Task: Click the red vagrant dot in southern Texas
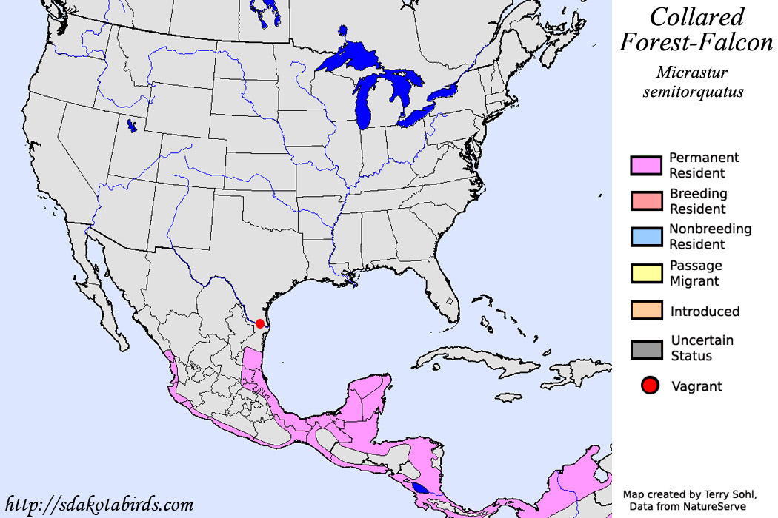point(260,323)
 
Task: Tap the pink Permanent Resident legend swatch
point(645,165)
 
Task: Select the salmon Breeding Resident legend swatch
point(645,201)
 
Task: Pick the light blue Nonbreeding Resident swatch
point(645,236)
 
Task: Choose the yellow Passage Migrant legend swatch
point(645,273)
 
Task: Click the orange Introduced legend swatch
point(645,311)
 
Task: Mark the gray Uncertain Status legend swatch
point(645,348)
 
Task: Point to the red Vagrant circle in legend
point(651,386)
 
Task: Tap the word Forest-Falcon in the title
point(696,43)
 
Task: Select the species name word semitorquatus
point(699,92)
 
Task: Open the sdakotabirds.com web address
point(99,505)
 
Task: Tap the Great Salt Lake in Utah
point(132,126)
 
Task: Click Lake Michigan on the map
point(365,104)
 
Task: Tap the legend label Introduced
point(705,312)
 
